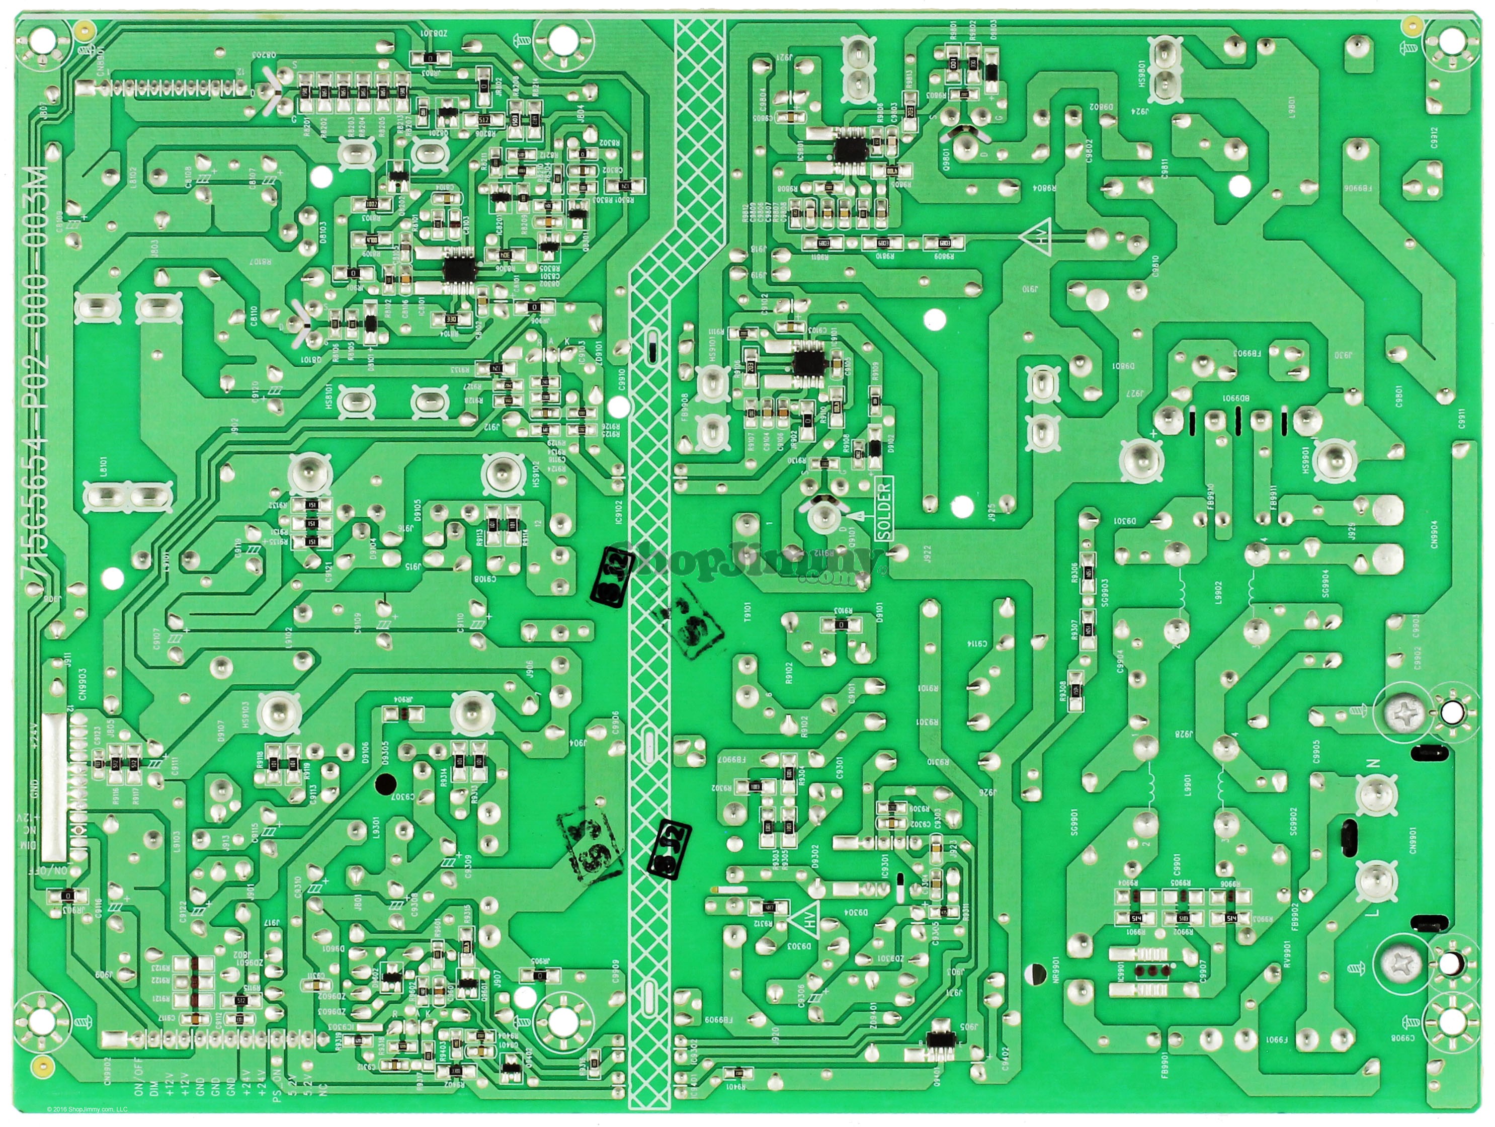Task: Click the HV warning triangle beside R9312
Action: coord(808,917)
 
